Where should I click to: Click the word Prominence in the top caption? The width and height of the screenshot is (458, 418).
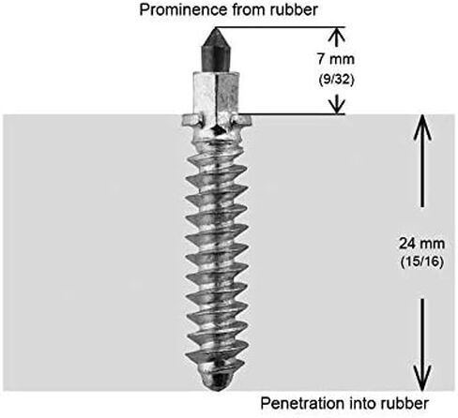tap(183, 10)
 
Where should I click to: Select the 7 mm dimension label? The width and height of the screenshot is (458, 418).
tap(336, 59)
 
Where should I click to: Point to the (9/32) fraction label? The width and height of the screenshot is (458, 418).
tap(336, 80)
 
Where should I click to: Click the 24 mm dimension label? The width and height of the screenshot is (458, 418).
tap(421, 244)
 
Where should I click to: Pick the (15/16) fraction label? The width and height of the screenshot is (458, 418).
tap(422, 261)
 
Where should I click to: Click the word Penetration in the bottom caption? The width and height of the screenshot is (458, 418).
tap(303, 404)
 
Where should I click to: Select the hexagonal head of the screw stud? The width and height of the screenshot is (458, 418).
tap(217, 93)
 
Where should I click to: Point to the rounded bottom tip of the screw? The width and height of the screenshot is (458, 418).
tap(219, 380)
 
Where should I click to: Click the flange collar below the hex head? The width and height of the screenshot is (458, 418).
tap(217, 120)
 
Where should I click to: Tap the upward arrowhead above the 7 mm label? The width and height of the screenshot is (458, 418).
tap(337, 35)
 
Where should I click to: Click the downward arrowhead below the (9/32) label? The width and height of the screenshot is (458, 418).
tap(337, 106)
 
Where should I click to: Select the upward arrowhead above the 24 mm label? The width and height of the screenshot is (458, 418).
tap(422, 127)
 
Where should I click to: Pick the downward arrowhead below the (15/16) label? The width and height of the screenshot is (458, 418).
tap(422, 378)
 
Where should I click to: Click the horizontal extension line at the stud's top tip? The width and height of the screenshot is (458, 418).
tap(281, 27)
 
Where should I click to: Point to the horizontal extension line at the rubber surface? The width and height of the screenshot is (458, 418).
tap(291, 114)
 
